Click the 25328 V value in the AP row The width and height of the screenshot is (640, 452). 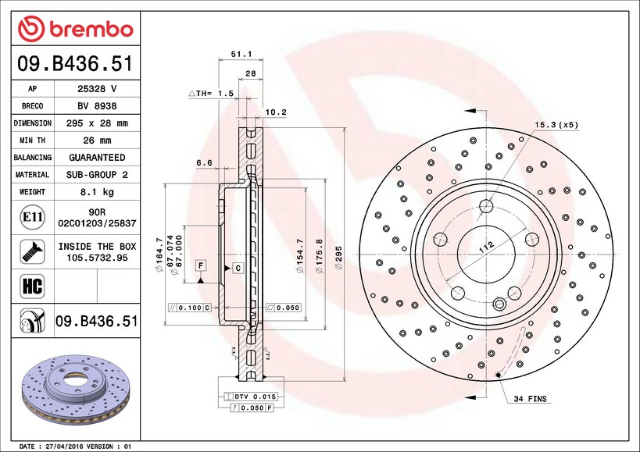97,88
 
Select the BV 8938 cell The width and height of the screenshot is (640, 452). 97,105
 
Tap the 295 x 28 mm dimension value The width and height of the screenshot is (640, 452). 97,123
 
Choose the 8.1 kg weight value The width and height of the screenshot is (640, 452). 97,191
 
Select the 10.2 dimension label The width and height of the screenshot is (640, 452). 277,112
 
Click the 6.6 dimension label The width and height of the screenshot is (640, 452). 204,162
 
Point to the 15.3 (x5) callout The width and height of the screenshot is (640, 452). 556,124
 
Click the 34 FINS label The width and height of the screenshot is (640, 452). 531,400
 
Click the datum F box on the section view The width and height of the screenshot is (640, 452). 201,267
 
